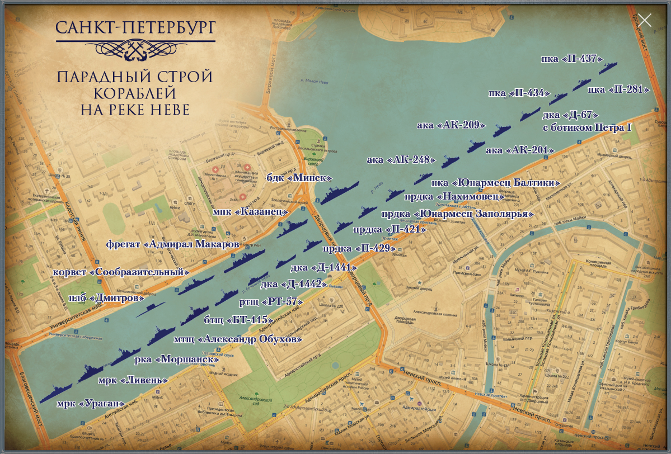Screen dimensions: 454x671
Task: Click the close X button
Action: coord(645,20)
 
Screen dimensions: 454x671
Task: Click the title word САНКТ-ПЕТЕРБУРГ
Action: coord(135,27)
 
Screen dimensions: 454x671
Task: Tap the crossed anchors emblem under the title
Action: coord(135,50)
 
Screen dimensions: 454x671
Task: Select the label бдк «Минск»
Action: coord(300,178)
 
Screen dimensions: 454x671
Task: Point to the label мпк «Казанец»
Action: coord(251,212)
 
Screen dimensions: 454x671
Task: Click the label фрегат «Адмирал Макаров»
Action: coord(173,244)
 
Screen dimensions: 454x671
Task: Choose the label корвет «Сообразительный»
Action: coord(121,272)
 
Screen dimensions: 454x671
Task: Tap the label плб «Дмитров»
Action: coord(104,299)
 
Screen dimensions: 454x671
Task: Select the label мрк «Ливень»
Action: coord(133,381)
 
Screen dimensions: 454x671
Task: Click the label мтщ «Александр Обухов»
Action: coord(238,339)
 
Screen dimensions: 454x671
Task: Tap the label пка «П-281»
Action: coord(618,89)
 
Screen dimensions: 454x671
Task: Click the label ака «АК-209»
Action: coord(451,125)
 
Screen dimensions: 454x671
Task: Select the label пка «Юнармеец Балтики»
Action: coord(496,183)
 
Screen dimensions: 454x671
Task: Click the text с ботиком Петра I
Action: coord(588,128)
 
